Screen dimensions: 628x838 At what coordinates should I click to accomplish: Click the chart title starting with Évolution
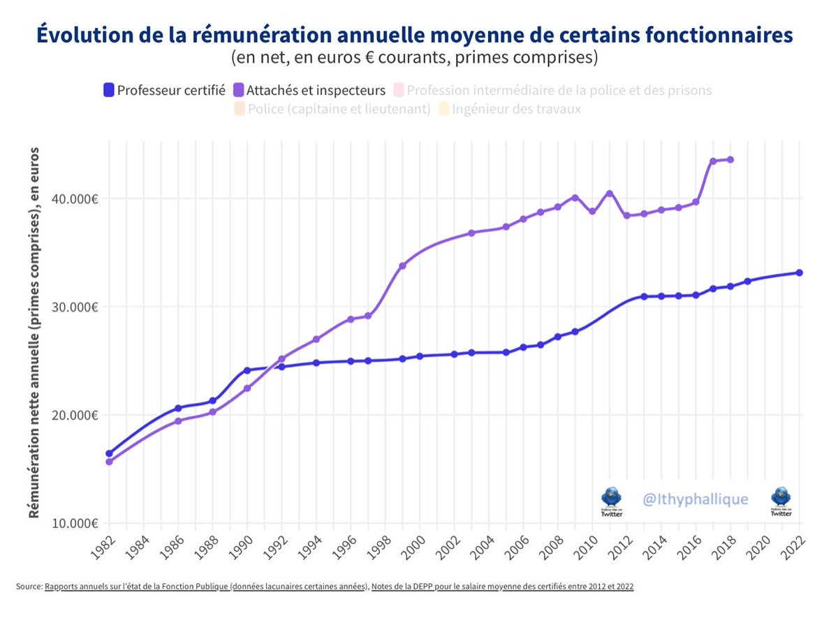[x=414, y=36]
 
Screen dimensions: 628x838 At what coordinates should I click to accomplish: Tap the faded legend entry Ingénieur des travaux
[x=516, y=109]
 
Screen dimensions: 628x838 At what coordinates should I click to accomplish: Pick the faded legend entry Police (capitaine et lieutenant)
[x=339, y=109]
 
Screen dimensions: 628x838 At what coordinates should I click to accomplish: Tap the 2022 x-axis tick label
[x=791, y=547]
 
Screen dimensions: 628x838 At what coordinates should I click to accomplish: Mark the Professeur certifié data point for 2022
[x=799, y=272]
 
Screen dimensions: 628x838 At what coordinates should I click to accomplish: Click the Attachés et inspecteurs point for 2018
[x=730, y=159]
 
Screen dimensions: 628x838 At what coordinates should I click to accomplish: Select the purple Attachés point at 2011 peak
[x=609, y=193]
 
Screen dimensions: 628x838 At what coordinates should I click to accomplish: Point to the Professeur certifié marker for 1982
[x=109, y=453]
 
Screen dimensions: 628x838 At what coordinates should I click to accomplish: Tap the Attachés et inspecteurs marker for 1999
[x=402, y=265]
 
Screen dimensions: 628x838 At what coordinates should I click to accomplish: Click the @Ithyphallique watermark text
[x=695, y=499]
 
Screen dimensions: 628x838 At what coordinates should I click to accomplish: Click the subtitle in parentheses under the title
[x=414, y=58]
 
